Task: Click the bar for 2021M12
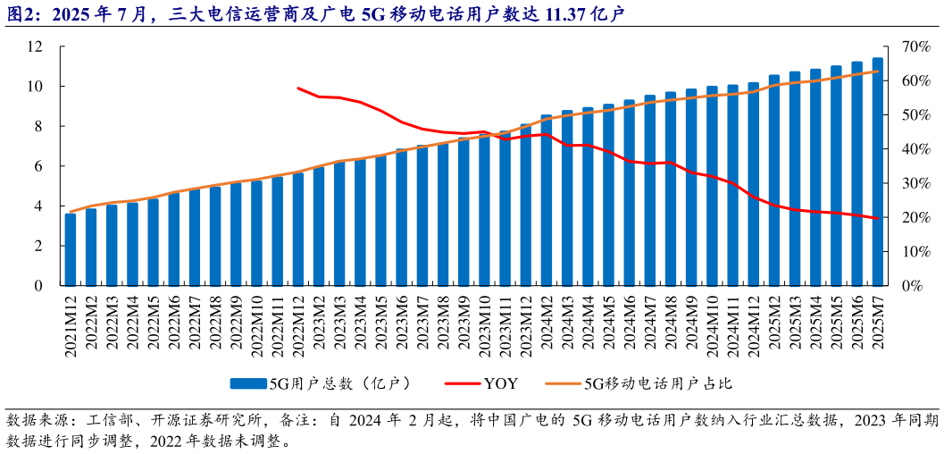[71, 249]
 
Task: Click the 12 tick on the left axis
[37, 46]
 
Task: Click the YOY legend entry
[500, 383]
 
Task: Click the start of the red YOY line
[298, 88]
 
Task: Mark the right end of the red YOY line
[878, 218]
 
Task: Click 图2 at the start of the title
[19, 13]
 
